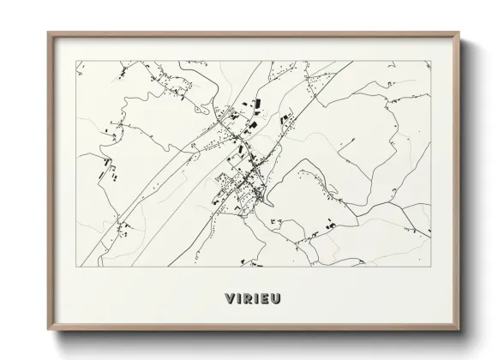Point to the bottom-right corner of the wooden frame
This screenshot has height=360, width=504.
click(x=459, y=330)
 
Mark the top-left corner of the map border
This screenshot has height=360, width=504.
click(x=77, y=61)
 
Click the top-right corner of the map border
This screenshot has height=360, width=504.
click(x=431, y=61)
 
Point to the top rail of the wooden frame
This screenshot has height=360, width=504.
click(x=254, y=34)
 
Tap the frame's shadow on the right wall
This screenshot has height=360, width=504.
click(x=466, y=189)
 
